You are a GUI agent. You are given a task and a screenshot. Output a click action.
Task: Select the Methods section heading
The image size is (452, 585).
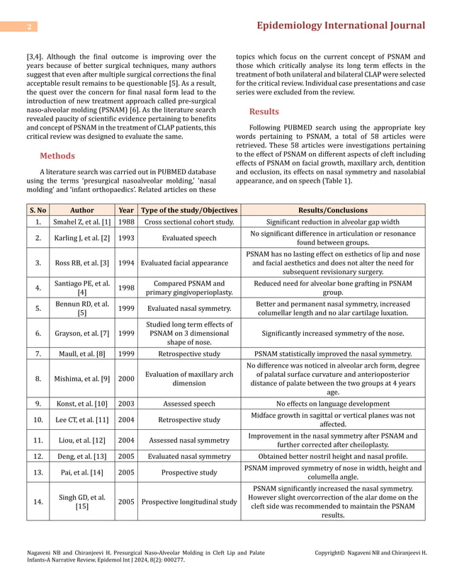click(57, 156)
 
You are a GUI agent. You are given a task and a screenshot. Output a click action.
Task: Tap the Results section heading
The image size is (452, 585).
click(264, 111)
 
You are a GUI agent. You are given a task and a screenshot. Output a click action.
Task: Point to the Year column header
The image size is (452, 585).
click(126, 210)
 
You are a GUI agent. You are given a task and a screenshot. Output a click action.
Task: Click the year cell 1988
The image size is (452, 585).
click(126, 222)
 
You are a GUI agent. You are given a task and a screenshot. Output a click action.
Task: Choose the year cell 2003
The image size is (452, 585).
click(126, 404)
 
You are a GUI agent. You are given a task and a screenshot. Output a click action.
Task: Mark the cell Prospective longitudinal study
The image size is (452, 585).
click(188, 502)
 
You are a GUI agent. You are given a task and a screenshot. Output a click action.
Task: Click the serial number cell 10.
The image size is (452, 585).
click(38, 420)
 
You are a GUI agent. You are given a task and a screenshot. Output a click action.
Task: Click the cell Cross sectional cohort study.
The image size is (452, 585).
click(188, 222)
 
